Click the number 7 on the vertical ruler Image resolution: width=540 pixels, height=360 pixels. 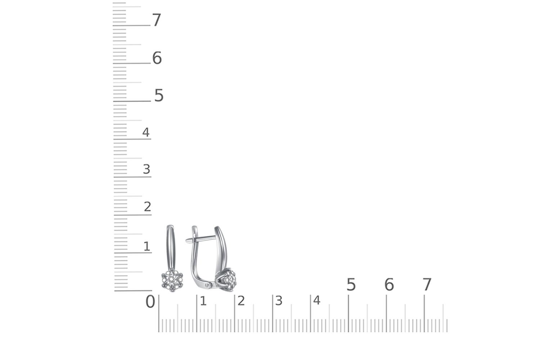(157, 20)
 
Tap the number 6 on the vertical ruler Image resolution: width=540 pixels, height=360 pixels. (157, 58)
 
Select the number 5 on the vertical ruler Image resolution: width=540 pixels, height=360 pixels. (159, 95)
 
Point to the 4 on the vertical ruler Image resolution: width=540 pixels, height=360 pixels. (146, 132)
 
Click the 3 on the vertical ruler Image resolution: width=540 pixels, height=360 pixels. (147, 169)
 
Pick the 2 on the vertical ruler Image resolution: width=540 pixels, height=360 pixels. (148, 207)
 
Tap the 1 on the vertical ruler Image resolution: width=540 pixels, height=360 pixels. (147, 247)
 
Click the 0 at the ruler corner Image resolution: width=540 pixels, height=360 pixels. (150, 302)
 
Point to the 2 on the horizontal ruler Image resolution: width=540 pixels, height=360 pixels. (241, 301)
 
